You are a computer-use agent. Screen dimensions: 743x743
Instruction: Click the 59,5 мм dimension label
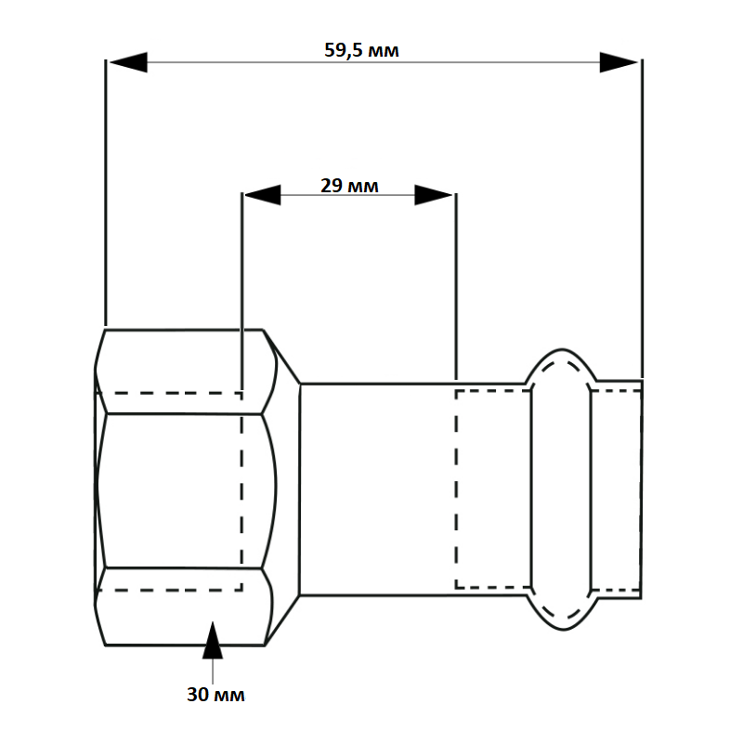pos(361,49)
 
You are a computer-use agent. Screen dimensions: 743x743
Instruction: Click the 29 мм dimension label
pos(349,185)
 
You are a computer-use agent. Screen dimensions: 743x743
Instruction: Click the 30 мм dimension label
pos(215,695)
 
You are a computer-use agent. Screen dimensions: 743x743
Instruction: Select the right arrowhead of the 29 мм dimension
pos(434,195)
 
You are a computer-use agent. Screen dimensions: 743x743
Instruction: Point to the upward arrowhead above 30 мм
pos(215,639)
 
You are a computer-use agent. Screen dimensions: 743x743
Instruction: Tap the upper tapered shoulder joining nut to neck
pos(282,357)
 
